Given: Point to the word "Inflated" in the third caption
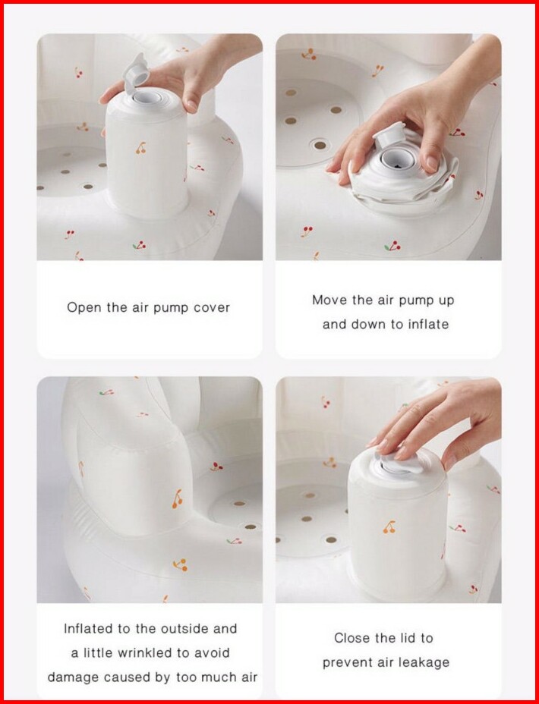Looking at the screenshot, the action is [89, 629].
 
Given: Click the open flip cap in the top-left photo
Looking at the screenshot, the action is [136, 73].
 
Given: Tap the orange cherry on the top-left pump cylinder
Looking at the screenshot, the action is [141, 148].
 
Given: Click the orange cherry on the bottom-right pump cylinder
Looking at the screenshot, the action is [389, 527].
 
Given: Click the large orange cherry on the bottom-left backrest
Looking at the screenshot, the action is [178, 499].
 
